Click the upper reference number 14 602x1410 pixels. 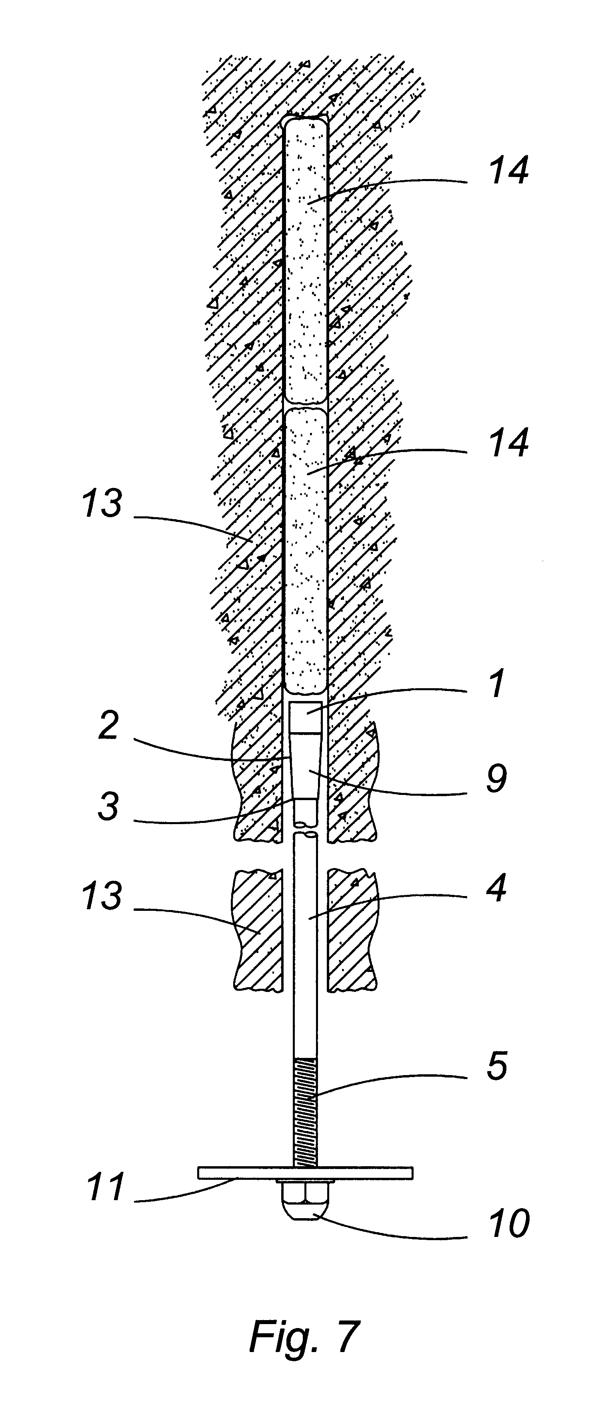click(x=509, y=171)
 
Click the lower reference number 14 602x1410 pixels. click(x=509, y=442)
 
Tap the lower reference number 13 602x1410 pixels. click(x=102, y=896)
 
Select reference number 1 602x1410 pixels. click(x=496, y=684)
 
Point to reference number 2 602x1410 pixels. click(x=108, y=726)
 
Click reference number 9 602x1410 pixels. click(x=496, y=779)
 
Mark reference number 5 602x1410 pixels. click(x=496, y=1066)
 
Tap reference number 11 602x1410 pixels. click(x=106, y=1187)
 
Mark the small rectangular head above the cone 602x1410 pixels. click(x=305, y=717)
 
